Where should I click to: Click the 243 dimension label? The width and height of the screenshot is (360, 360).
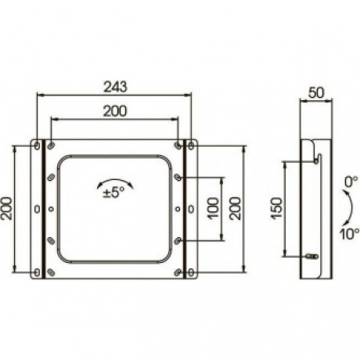pyautogui.click(x=115, y=87)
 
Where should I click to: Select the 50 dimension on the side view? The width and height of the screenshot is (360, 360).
pyautogui.click(x=316, y=92)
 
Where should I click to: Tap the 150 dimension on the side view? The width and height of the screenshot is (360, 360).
pyautogui.click(x=277, y=208)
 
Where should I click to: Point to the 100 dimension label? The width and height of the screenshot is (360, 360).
pyautogui.click(x=213, y=209)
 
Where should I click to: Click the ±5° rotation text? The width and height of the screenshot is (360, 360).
pyautogui.click(x=113, y=193)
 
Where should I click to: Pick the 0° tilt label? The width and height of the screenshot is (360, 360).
pyautogui.click(x=351, y=182)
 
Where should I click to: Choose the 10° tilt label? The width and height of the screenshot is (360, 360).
pyautogui.click(x=349, y=234)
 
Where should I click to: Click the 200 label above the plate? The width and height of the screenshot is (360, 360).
pyautogui.click(x=115, y=111)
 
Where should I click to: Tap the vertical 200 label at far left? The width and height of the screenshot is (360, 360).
pyautogui.click(x=6, y=209)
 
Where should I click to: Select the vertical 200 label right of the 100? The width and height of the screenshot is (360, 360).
pyautogui.click(x=235, y=209)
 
